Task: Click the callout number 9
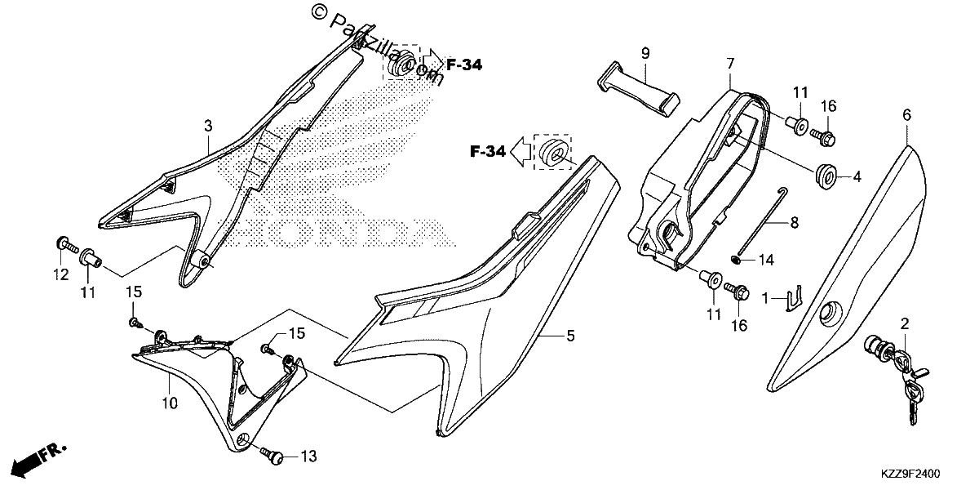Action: (x=645, y=54)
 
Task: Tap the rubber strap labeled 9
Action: (x=638, y=90)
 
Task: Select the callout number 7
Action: (x=730, y=65)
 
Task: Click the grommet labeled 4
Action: (x=826, y=176)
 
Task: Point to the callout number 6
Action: (x=907, y=115)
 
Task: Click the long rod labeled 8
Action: (x=761, y=221)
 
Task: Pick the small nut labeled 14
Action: (x=736, y=261)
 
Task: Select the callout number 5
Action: (x=570, y=336)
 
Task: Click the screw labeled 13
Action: (x=272, y=455)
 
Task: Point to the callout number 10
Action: (x=170, y=403)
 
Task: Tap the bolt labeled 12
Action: (x=67, y=246)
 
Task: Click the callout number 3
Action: (x=208, y=126)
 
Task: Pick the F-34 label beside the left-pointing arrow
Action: (x=488, y=152)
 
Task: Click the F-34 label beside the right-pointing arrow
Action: (x=464, y=65)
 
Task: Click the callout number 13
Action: (x=308, y=457)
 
